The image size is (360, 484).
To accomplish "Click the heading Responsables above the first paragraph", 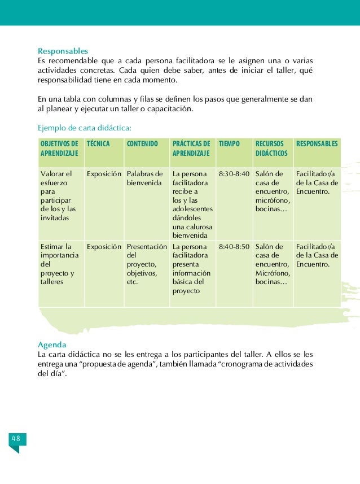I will click(x=63, y=50).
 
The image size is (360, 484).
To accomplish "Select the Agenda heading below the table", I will click(x=52, y=345).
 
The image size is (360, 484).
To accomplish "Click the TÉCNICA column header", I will click(x=98, y=144).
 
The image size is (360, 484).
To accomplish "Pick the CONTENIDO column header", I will click(x=143, y=144).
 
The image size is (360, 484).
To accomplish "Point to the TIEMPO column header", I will click(x=229, y=144).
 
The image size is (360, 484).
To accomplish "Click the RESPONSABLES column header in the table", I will click(x=317, y=144).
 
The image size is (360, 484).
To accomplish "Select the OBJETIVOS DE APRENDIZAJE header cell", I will click(x=59, y=149).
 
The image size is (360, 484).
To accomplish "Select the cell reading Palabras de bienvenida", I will click(x=145, y=178).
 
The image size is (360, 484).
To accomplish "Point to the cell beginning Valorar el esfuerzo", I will click(x=58, y=196).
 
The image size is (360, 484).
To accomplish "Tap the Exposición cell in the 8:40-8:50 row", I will click(x=104, y=247).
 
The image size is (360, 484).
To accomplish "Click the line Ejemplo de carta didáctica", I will click(x=85, y=127).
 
